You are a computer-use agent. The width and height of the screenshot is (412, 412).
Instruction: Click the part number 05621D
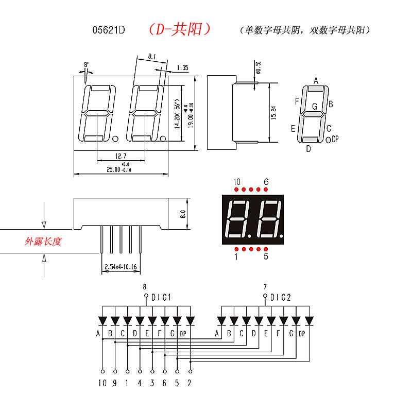pyautogui.click(x=109, y=30)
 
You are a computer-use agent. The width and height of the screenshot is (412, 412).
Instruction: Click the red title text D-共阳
pyautogui.click(x=179, y=29)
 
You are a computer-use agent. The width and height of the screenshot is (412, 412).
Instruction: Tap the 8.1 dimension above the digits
pyautogui.click(x=152, y=56)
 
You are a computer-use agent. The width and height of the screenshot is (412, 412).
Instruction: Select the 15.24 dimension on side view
pyautogui.click(x=273, y=113)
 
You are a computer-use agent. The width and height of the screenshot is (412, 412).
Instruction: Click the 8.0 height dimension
pyautogui.click(x=182, y=214)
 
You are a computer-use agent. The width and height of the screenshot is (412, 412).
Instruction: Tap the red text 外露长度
pyautogui.click(x=43, y=241)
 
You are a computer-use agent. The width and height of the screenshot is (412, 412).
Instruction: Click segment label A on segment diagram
pyautogui.click(x=316, y=80)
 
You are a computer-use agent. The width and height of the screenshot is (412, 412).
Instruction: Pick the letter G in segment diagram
pyautogui.click(x=315, y=107)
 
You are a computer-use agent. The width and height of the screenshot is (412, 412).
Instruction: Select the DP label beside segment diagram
pyautogui.click(x=335, y=139)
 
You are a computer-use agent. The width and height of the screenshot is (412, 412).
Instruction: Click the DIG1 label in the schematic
pyautogui.click(x=161, y=297)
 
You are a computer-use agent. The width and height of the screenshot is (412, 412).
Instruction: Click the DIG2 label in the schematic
pyautogui.click(x=281, y=297)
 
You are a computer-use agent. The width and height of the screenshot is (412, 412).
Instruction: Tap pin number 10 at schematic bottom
pyautogui.click(x=102, y=383)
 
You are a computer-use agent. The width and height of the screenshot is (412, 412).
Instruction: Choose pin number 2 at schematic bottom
pyautogui.click(x=190, y=383)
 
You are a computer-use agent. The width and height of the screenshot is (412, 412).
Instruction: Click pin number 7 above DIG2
pyautogui.click(x=265, y=287)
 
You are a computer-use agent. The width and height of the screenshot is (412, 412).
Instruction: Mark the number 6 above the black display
pyautogui.click(x=266, y=182)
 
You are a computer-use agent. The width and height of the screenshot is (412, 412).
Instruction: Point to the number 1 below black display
pyautogui.click(x=236, y=256)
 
